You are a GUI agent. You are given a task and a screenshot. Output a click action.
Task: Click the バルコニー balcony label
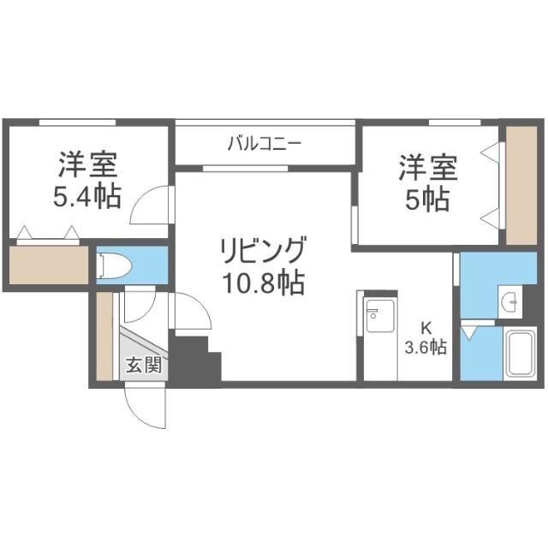(264, 143)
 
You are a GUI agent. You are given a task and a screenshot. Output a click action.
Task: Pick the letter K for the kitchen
(425, 326)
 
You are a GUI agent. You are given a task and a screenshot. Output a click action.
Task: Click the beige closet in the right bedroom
(521, 184)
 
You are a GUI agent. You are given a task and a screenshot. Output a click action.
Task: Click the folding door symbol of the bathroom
(470, 328)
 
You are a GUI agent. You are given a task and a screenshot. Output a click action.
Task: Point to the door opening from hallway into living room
(190, 312)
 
